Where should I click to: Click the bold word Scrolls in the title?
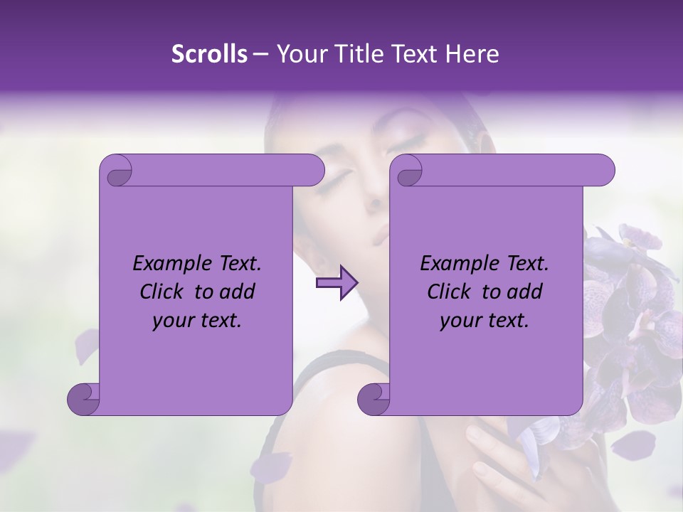pyautogui.click(x=210, y=54)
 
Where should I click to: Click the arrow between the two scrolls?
pyautogui.click(x=337, y=283)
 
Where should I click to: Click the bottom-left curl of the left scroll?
pyautogui.click(x=83, y=399)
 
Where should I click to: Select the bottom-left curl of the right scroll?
pyautogui.click(x=374, y=399)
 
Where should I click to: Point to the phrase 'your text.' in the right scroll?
pyautogui.click(x=484, y=321)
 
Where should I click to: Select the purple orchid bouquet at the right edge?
pyautogui.click(x=633, y=313)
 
